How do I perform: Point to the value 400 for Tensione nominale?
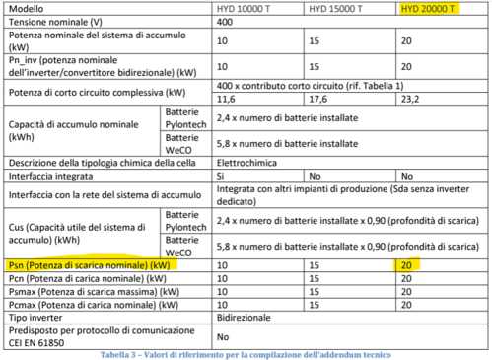click(224, 22)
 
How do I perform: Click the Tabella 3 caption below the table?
click(246, 353)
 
